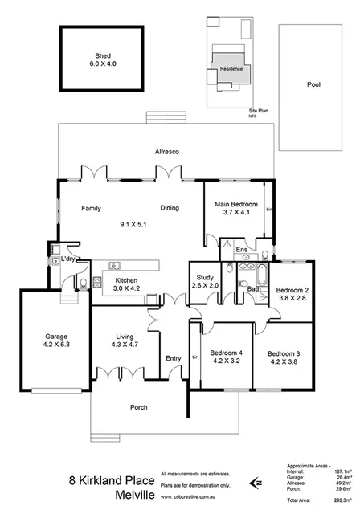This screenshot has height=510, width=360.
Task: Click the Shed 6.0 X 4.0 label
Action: pyautogui.click(x=103, y=61)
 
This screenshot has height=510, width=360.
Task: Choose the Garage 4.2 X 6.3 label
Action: pyautogui.click(x=55, y=341)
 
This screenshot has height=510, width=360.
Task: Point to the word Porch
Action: pyautogui.click(x=139, y=407)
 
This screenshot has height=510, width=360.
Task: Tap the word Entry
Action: pyautogui.click(x=173, y=358)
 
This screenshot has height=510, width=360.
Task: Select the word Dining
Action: pyautogui.click(x=169, y=208)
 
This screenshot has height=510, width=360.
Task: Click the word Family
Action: pyautogui.click(x=91, y=208)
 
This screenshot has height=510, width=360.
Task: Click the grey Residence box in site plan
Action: pyautogui.click(x=231, y=70)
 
